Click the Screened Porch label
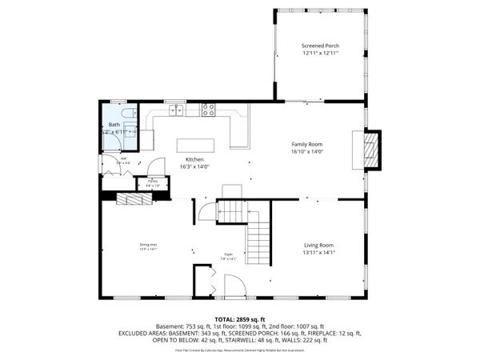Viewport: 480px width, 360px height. [x=320, y=46]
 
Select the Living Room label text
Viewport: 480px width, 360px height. [x=318, y=245]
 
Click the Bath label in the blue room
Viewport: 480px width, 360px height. [x=114, y=126]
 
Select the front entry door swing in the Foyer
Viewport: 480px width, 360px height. [x=234, y=286]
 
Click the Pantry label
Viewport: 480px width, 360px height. [x=151, y=182]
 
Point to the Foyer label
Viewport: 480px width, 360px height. [x=228, y=256]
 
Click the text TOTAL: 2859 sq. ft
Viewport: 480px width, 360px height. [x=240, y=318]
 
